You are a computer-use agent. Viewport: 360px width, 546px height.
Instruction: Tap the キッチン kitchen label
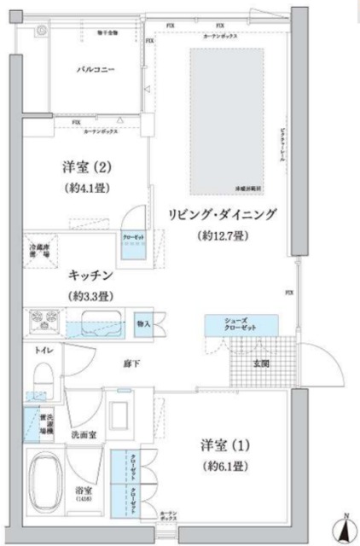pos(93,276)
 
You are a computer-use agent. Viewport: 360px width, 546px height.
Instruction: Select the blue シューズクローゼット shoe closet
pos(241,324)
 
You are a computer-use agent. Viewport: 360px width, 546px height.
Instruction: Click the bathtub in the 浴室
pos(48,478)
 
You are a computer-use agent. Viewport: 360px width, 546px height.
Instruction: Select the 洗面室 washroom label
pos(82,435)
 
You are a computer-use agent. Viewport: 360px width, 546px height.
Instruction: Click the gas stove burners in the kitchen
pos(42,323)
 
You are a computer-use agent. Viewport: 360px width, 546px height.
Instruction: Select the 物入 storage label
pos(142,324)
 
